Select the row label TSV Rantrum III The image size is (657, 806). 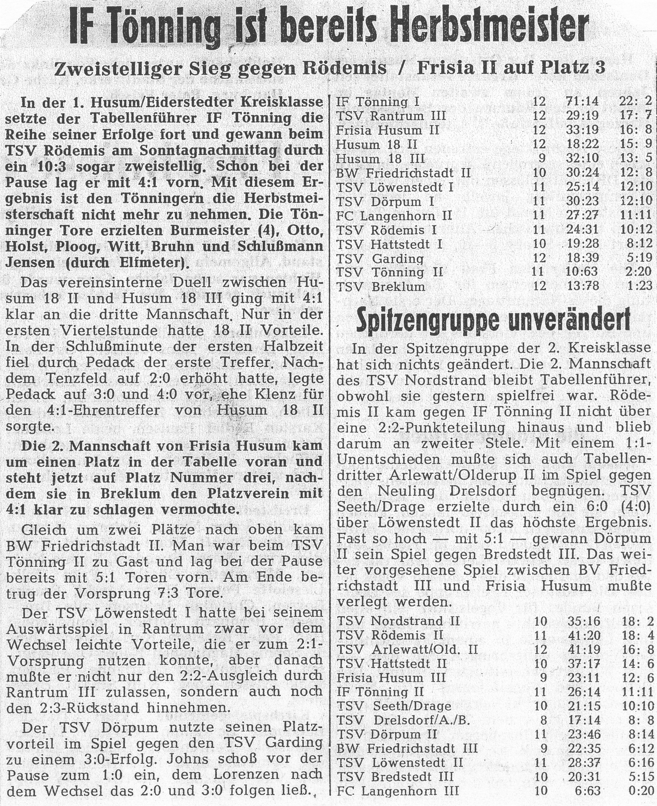coord(391,116)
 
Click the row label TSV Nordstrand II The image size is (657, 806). coord(398,621)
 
